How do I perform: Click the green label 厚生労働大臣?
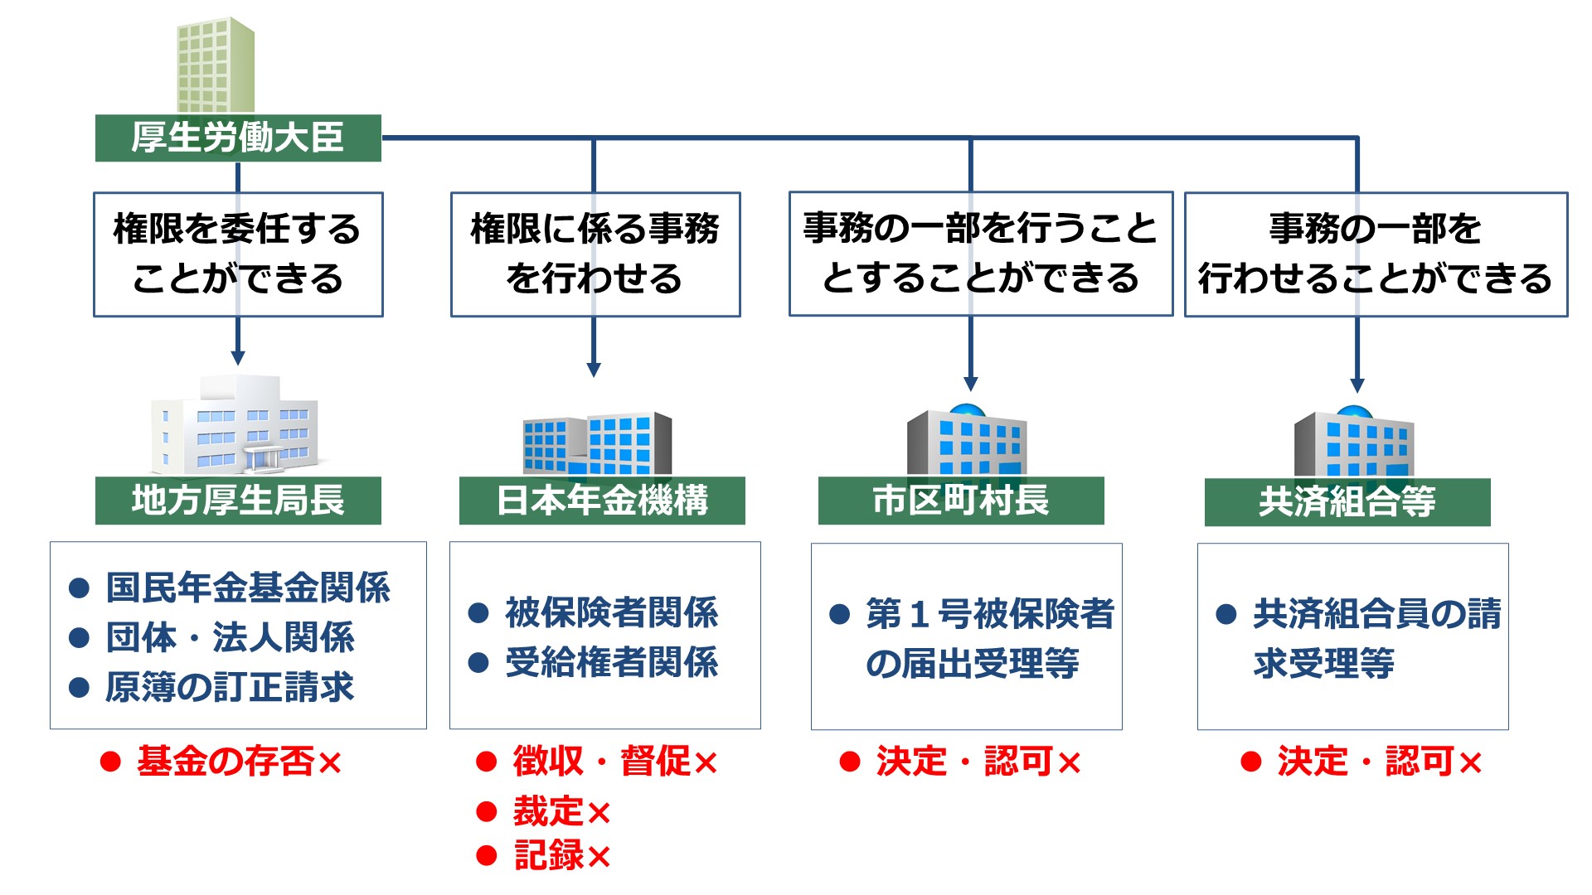pos(238,138)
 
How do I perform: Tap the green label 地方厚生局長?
pos(238,501)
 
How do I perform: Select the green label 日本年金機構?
pos(602,501)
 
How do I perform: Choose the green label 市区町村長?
pos(961,501)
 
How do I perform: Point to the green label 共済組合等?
pos(1347,502)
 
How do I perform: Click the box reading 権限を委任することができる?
pos(238,254)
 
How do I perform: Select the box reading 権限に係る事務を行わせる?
pos(595,254)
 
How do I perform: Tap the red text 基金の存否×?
pos(239,762)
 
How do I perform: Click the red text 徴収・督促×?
pos(614,762)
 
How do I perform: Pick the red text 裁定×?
pos(561,811)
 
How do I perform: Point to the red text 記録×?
pos(561,856)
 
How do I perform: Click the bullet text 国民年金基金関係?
pos(247,588)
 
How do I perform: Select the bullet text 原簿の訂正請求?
pos(230,687)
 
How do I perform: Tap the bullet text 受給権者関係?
pos(611,662)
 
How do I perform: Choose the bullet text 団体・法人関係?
pos(230,637)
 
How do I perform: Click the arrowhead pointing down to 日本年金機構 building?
pos(594,370)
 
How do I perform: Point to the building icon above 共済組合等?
pos(1354,443)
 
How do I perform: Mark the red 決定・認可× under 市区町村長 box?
pos(978,762)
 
